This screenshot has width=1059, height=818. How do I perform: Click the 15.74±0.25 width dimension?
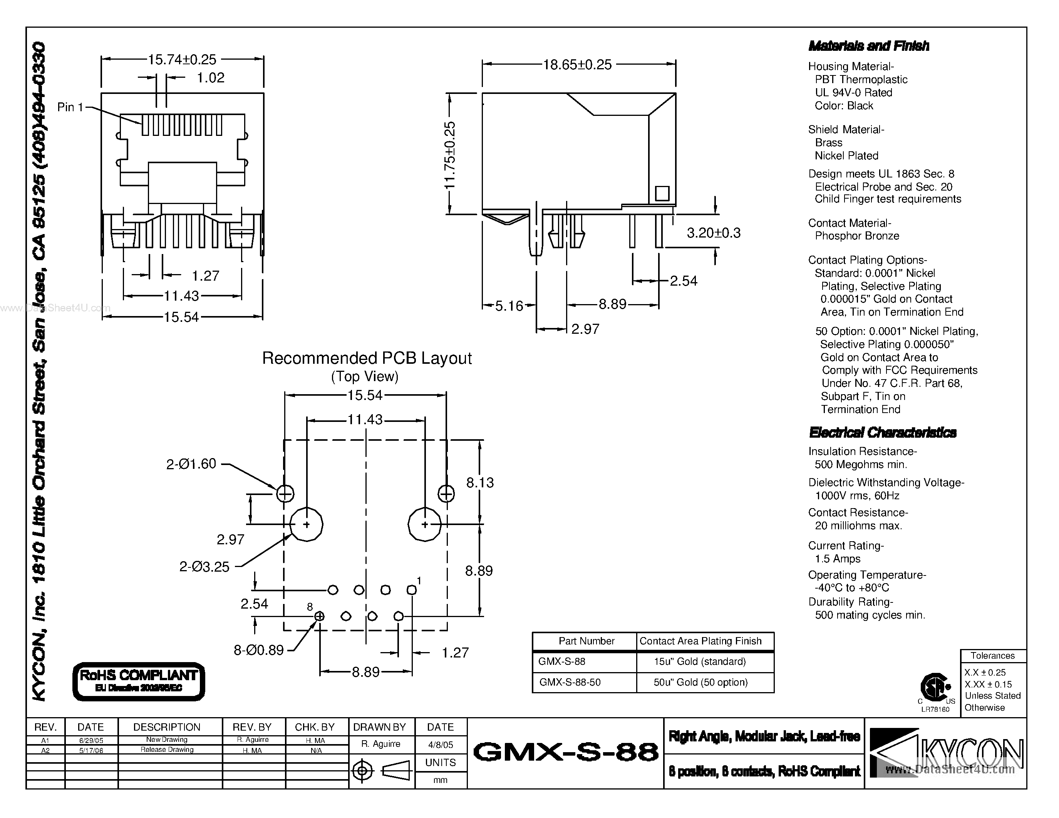[182, 60]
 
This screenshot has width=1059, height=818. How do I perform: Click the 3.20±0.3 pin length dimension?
[713, 233]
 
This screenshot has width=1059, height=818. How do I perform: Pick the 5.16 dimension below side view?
[509, 306]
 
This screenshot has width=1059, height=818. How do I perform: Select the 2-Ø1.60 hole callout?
[191, 464]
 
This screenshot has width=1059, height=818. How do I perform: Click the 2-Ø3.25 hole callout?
[204, 567]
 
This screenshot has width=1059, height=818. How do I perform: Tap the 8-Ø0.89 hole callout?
[258, 650]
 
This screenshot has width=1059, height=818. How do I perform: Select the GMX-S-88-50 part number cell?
[570, 683]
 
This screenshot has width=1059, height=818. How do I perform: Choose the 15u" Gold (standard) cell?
[700, 661]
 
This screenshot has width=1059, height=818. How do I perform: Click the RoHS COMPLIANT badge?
[139, 681]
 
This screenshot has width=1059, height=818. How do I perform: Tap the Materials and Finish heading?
[868, 46]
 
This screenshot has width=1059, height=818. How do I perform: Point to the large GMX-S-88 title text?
[565, 753]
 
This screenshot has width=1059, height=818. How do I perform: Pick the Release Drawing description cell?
[167, 749]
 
